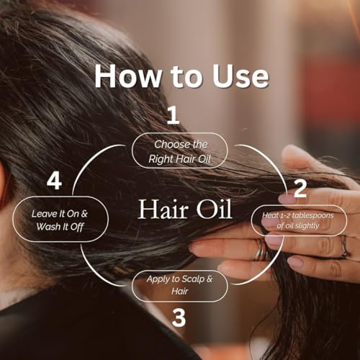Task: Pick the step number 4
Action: pyautogui.click(x=53, y=181)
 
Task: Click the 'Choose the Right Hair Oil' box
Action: pyautogui.click(x=179, y=151)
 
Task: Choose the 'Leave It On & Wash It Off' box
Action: pyautogui.click(x=60, y=220)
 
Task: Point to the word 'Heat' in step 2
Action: pyautogui.click(x=271, y=213)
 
